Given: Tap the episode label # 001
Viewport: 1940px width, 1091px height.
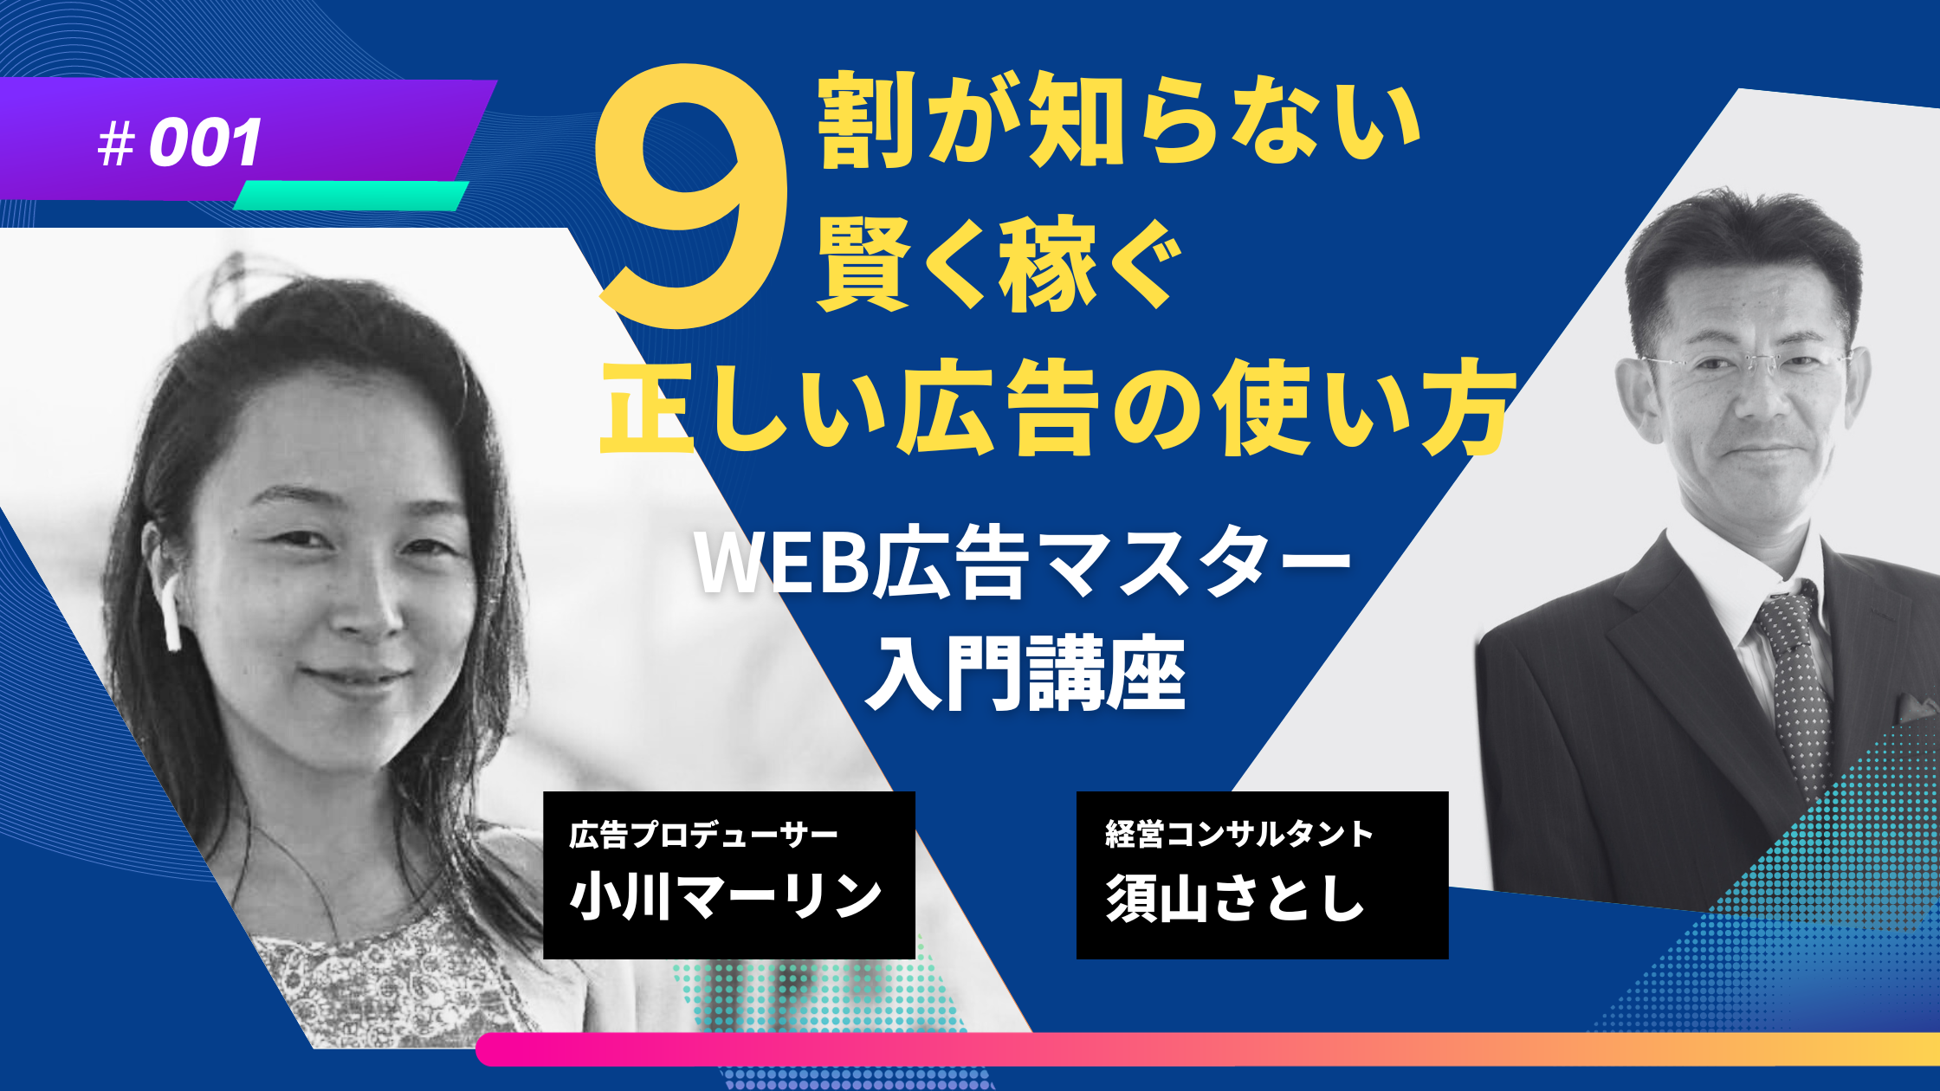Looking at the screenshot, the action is click(x=179, y=143).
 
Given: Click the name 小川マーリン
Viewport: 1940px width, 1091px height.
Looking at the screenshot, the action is click(x=726, y=896).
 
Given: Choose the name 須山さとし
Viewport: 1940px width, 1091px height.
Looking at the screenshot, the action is click(x=1236, y=897).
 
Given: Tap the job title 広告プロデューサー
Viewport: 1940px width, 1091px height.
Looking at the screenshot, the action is click(x=703, y=835).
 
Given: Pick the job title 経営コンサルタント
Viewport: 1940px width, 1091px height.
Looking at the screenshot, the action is click(x=1238, y=834).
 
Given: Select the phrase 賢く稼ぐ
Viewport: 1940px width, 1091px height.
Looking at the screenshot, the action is click(x=1000, y=264).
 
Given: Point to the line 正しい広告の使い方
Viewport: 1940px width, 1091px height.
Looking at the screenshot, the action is click(x=1058, y=409).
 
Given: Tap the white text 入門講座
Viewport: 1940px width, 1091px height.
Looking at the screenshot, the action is click(x=1025, y=674).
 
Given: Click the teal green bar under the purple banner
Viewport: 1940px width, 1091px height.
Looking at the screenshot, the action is click(x=352, y=195).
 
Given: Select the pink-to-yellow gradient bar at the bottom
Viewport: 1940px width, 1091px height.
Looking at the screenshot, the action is click(x=1207, y=1049).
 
